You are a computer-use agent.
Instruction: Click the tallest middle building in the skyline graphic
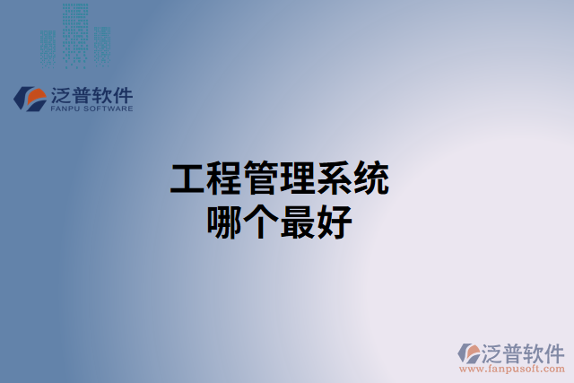coord(76,34)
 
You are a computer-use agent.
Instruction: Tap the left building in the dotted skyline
coord(48,47)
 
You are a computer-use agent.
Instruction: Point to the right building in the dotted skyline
coord(103,45)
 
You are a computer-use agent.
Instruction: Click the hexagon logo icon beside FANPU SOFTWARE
coord(30,98)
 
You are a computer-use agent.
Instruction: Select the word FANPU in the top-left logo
coord(66,109)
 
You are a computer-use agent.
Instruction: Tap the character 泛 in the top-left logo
coord(63,93)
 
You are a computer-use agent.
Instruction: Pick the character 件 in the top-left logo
coord(121,93)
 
